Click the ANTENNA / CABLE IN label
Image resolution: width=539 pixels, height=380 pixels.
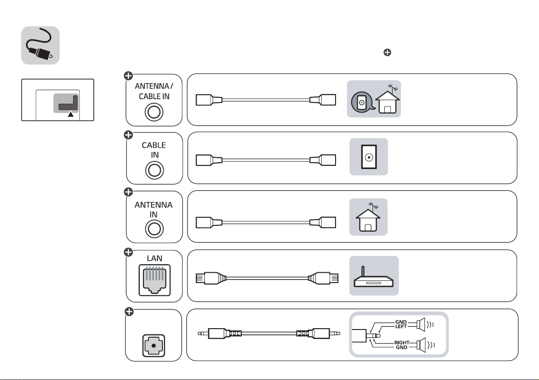click(x=154, y=90)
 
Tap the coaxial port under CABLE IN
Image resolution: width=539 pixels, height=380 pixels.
click(x=154, y=171)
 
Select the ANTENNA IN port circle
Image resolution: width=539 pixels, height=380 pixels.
click(x=154, y=229)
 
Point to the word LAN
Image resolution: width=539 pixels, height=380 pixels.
click(x=154, y=258)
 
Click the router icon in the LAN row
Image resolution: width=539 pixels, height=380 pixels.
click(x=374, y=276)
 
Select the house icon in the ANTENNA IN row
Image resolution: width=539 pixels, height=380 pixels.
click(x=369, y=218)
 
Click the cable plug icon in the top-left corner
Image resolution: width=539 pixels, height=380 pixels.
click(x=40, y=45)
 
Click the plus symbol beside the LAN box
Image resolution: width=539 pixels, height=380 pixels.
click(x=129, y=253)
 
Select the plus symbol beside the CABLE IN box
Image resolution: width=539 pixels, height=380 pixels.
click(x=129, y=135)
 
